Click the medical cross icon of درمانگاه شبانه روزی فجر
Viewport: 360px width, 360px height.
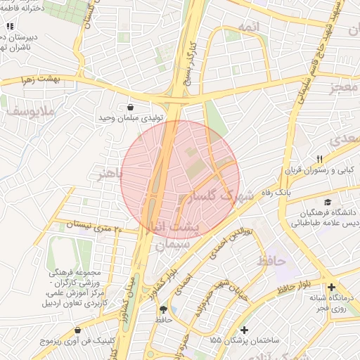(331, 287)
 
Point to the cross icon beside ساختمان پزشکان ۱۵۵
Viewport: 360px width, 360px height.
(244, 330)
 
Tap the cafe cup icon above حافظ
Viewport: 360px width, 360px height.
(164, 309)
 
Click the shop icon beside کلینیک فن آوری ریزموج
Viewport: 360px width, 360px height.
(77, 330)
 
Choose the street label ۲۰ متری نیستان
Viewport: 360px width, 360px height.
(94, 225)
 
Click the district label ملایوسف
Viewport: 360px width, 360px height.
(25, 111)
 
